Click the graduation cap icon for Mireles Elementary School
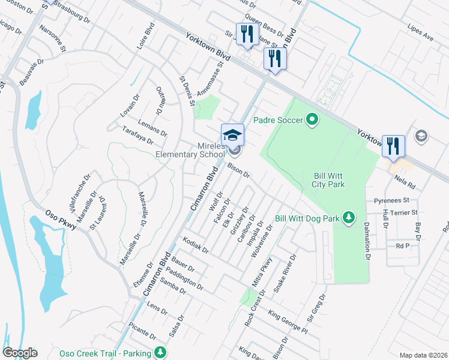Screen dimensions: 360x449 (233, 134)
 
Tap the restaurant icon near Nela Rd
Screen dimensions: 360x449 (393, 146)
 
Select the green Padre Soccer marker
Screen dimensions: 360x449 (312, 121)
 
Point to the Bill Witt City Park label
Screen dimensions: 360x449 (328, 180)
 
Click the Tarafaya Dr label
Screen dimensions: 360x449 (137, 136)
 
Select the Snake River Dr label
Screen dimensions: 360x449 (286, 273)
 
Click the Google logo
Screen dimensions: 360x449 (21, 353)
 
